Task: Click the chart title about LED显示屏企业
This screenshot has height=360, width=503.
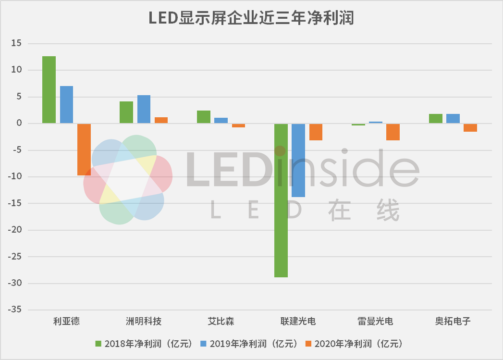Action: [251, 18]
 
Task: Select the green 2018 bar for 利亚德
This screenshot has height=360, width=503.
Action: [49, 90]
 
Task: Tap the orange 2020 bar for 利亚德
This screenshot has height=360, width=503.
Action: [84, 149]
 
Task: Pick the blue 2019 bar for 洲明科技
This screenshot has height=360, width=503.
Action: [144, 109]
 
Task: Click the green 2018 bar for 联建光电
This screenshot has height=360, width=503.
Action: [281, 200]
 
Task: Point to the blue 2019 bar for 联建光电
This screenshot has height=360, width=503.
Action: [298, 160]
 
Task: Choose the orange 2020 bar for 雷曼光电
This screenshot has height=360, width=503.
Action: [393, 132]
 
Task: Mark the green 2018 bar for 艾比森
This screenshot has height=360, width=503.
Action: [204, 117]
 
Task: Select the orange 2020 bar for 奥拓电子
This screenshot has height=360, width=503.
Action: [470, 127]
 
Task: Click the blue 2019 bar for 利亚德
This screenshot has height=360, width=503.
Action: [66, 105]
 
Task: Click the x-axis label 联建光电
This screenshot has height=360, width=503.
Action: [298, 322]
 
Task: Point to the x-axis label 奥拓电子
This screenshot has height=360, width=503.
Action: [453, 322]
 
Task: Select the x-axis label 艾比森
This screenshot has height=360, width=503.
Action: [221, 322]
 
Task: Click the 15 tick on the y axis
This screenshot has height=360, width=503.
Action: [17, 44]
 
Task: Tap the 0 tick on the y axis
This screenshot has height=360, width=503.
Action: [19, 124]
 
